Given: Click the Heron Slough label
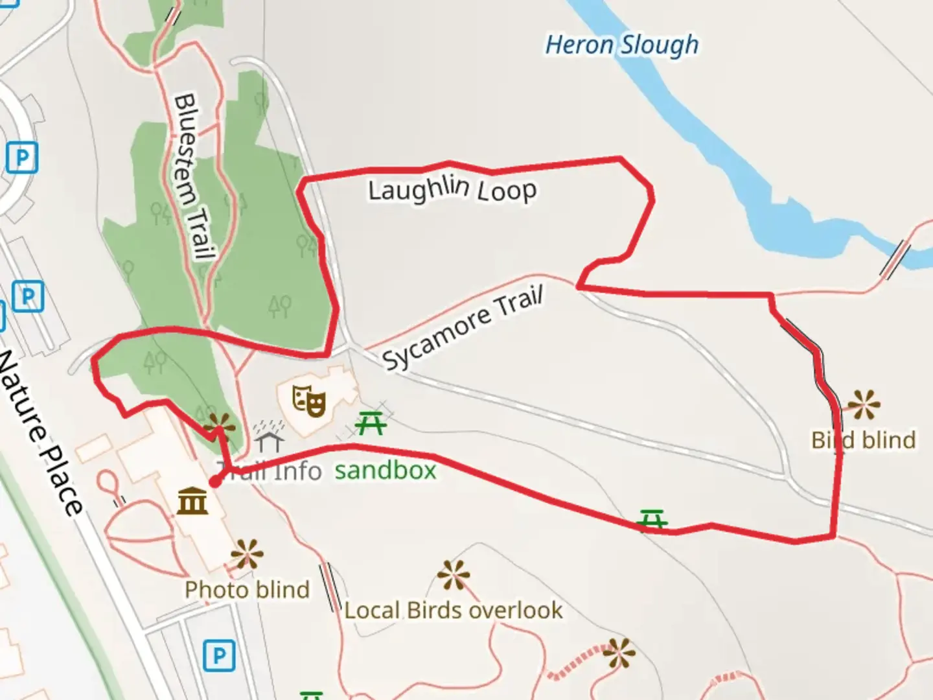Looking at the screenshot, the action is click(x=622, y=45).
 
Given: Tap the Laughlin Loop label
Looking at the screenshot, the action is click(x=452, y=189).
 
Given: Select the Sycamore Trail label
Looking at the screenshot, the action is click(x=463, y=329).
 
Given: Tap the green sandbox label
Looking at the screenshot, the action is click(x=386, y=470).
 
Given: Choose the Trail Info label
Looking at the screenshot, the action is click(x=269, y=471).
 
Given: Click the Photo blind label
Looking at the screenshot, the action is click(x=247, y=590).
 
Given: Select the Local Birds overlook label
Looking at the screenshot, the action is click(x=454, y=610).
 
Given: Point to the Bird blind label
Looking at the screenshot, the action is click(x=864, y=440).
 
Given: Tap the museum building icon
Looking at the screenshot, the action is click(x=192, y=501).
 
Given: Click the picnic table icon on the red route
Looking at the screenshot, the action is click(x=652, y=520).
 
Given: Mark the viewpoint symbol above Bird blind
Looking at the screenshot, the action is click(x=864, y=404).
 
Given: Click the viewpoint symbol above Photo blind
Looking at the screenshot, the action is click(x=247, y=555).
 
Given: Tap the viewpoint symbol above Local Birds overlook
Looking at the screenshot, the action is click(x=453, y=576).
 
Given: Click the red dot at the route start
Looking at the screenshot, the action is click(x=214, y=482).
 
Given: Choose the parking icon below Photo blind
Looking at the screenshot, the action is click(x=219, y=657).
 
